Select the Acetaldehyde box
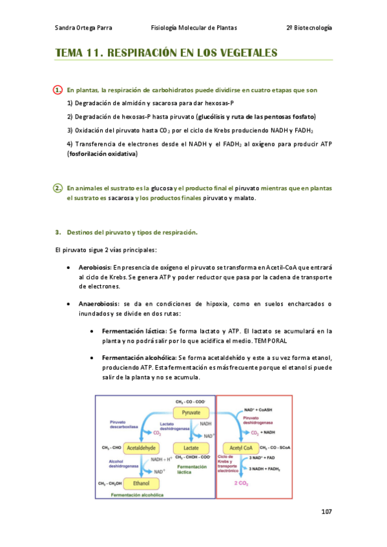pyautogui.click(x=141, y=447)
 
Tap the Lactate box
pyautogui.click(x=191, y=447)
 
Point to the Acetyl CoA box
pyautogui.click(x=236, y=447)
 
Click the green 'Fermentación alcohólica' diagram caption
pyautogui.click(x=137, y=495)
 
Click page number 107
pyautogui.click(x=326, y=512)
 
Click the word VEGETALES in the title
pyautogui.click(x=244, y=52)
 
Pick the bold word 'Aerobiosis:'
pyautogui.click(x=95, y=267)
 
